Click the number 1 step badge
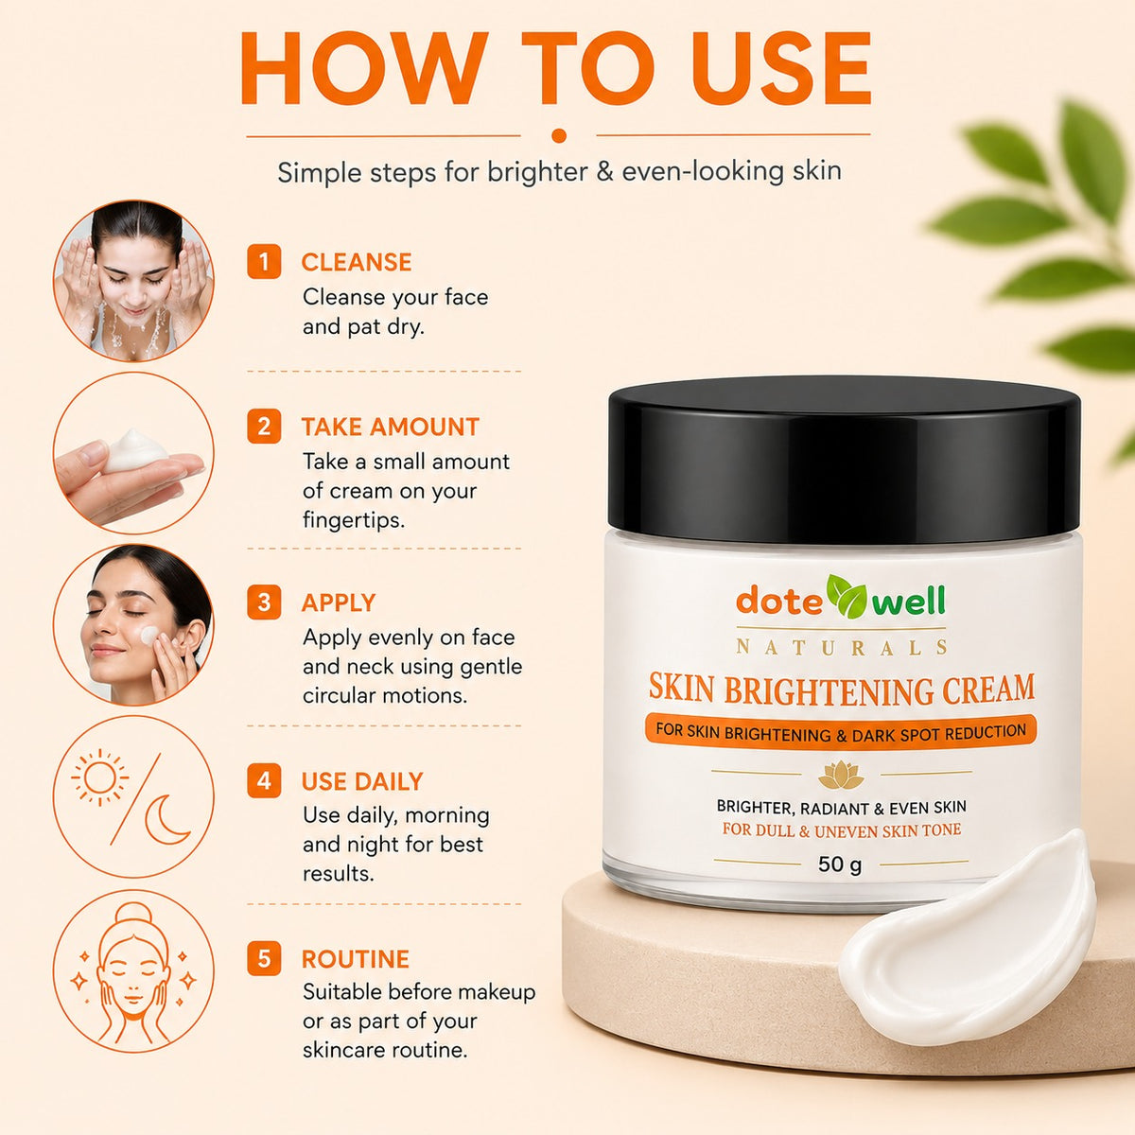(263, 261)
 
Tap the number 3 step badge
(263, 602)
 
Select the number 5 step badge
(263, 959)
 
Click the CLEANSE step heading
(357, 262)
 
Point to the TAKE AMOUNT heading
(391, 427)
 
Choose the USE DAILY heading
(362, 781)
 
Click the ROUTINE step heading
(356, 959)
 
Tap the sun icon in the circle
(99, 777)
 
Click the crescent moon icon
(166, 819)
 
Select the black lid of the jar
(844, 461)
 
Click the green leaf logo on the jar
(847, 597)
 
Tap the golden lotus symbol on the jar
(841, 775)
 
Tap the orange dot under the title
(559, 136)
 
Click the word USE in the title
(781, 68)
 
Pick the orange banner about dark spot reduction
(841, 732)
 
